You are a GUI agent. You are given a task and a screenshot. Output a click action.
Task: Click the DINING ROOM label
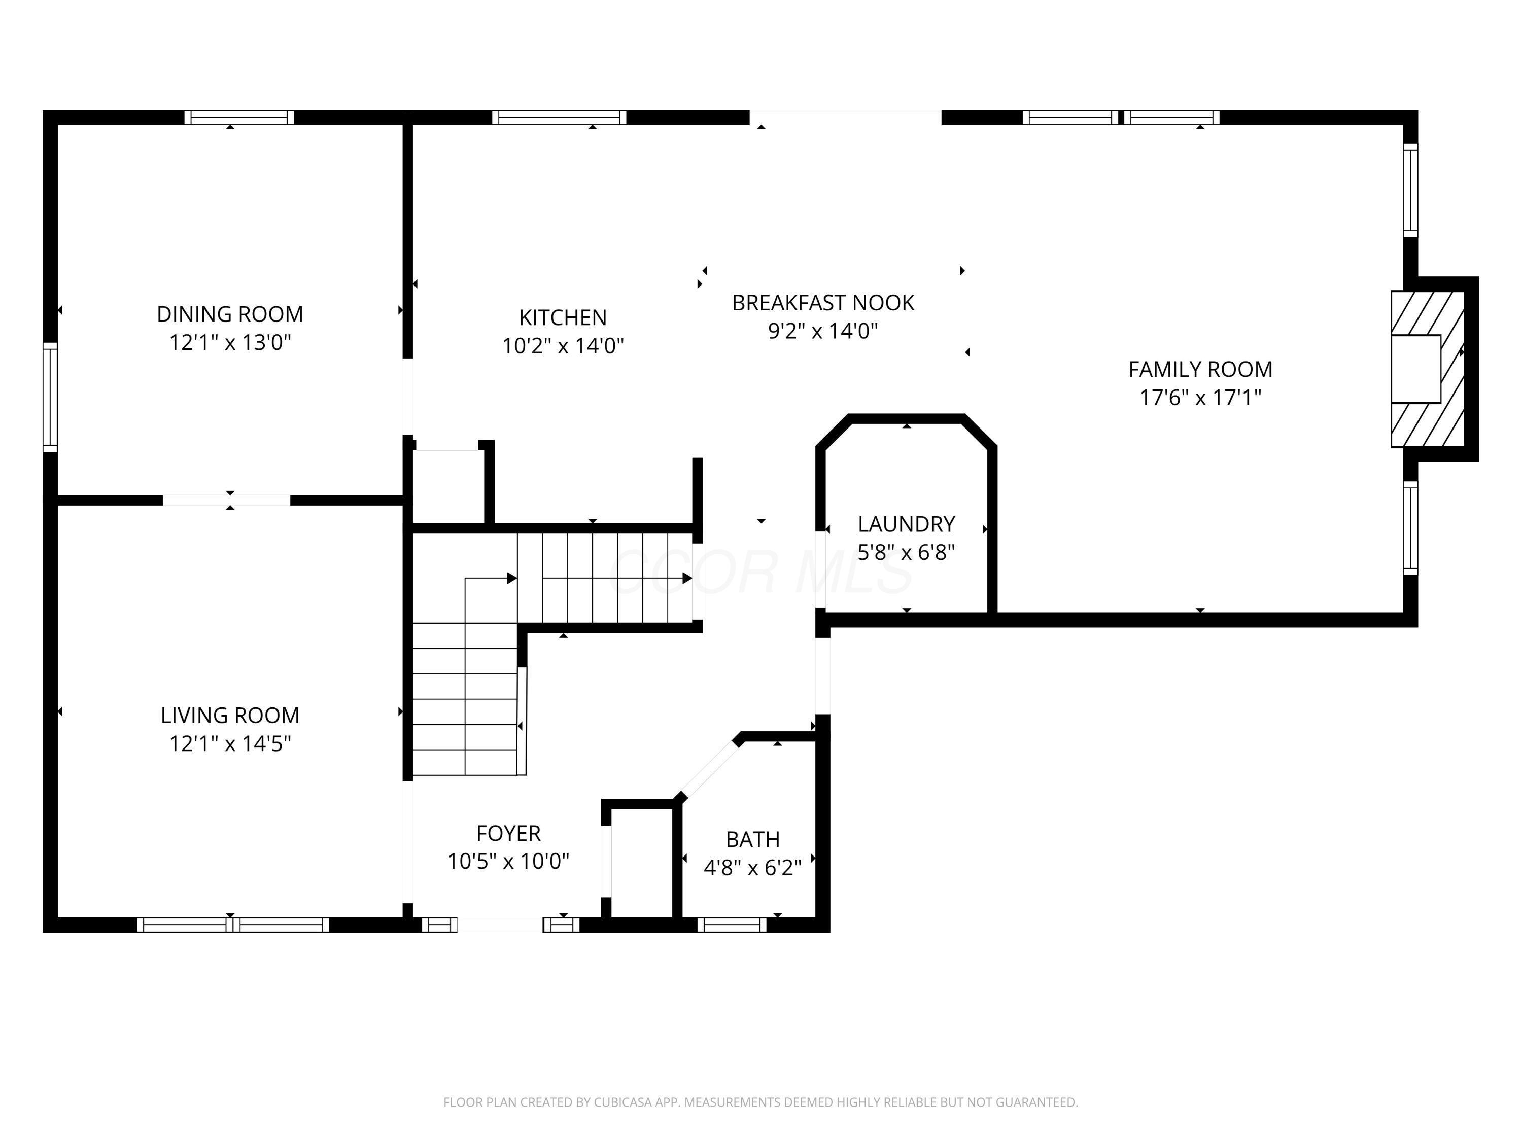[230, 314]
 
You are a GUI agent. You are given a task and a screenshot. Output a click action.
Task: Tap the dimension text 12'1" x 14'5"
[230, 743]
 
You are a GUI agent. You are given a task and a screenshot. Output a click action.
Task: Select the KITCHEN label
[562, 318]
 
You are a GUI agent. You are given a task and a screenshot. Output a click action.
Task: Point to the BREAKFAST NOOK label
[822, 303]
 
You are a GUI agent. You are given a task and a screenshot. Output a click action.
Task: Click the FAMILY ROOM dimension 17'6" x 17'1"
[1200, 398]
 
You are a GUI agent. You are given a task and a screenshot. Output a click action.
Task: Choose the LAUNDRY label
[906, 524]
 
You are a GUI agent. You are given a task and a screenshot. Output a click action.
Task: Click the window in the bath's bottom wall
[732, 925]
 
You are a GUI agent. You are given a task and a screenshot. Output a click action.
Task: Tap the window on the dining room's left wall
[50, 397]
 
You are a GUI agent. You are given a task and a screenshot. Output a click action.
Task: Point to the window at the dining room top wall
[239, 118]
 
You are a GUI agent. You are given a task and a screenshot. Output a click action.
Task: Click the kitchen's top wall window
[559, 118]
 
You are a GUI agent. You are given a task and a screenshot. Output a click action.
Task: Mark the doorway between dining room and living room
[226, 500]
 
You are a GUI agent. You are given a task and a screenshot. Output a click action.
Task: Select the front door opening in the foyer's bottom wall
[500, 925]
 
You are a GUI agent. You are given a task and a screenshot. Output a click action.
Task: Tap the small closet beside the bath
[641, 863]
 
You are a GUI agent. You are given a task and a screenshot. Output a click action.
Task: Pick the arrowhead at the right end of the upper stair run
[687, 579]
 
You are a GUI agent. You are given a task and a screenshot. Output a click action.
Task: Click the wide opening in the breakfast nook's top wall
[845, 118]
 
